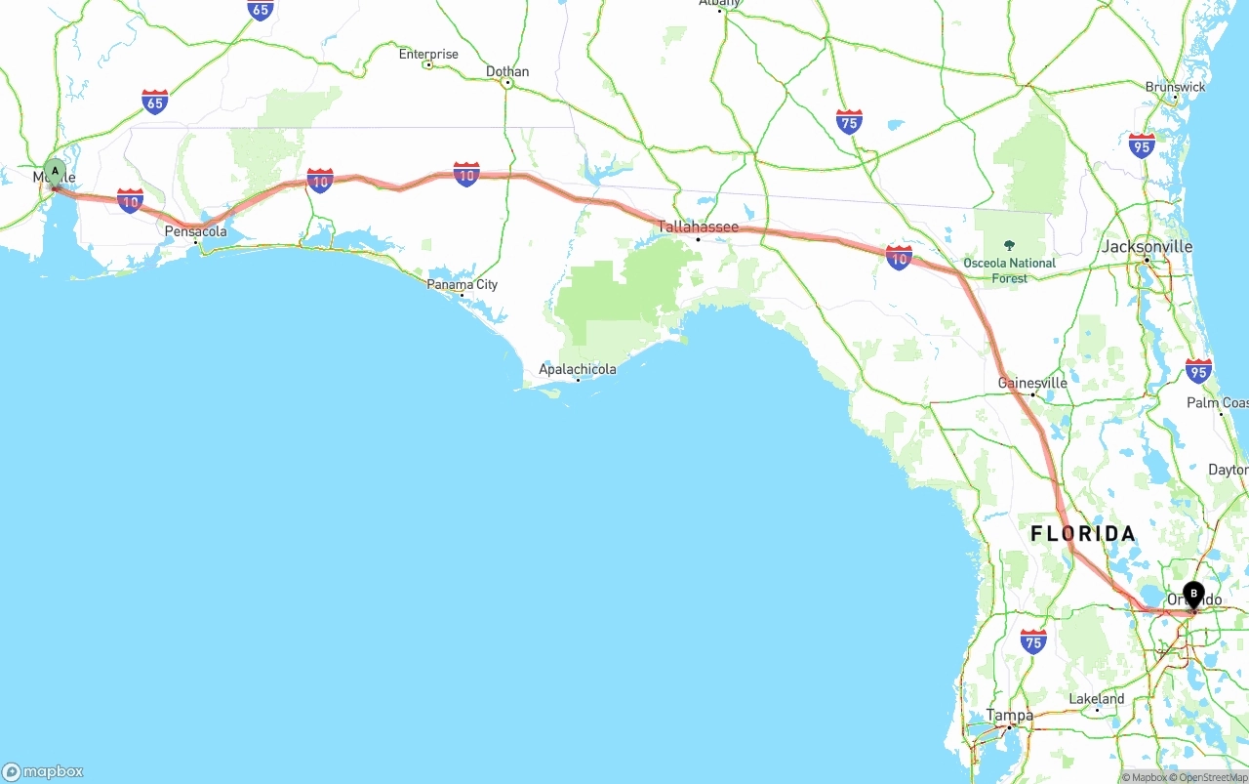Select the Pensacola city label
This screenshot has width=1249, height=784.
pos(195,231)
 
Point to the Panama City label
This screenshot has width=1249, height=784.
pos(463,284)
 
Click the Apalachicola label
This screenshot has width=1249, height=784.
pos(578,369)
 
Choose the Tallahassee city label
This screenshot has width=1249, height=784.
pos(698,227)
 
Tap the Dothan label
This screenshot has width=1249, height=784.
pos(507,71)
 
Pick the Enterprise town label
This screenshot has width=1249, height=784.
pos(428,54)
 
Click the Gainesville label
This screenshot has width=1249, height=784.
pos(1032,383)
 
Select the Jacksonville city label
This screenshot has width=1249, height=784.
pos(1147,246)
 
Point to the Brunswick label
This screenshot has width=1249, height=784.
pos(1175,87)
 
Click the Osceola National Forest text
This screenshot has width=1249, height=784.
pos(1009,270)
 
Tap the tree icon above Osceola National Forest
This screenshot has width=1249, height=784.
pos(1009,245)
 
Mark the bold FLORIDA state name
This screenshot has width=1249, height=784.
pos(1083,533)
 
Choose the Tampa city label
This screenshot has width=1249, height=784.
pos(1009,715)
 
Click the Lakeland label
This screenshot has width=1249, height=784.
pos(1097,699)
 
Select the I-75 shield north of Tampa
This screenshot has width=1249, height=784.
pos(1033,640)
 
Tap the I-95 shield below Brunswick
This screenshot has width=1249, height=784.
pos(1142,145)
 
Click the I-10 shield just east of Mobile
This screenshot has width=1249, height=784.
pos(130,200)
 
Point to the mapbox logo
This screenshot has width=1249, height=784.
pos(43,771)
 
